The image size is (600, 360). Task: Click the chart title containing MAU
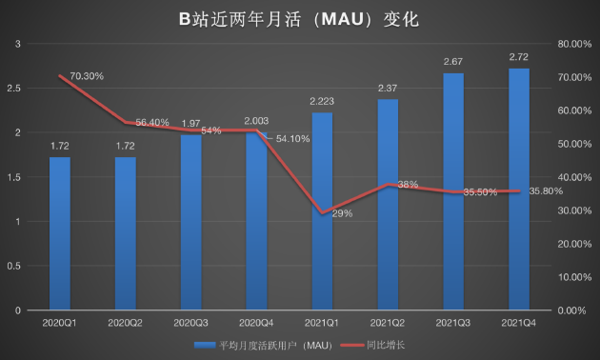pyautogui.click(x=299, y=18)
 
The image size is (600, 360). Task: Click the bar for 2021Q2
pyautogui.click(x=388, y=204)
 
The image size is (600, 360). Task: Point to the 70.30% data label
pyautogui.click(x=82, y=75)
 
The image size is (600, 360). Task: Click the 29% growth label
pyautogui.click(x=341, y=213)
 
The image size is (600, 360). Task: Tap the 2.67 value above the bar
pyautogui.click(x=452, y=62)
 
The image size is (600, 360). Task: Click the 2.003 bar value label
pyautogui.click(x=257, y=120)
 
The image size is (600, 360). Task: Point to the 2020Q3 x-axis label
pyautogui.click(x=191, y=323)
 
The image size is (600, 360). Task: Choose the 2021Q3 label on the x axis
pyautogui.click(x=453, y=323)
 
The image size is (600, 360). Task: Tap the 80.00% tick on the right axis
pyautogui.click(x=574, y=44)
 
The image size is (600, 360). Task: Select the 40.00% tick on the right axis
pyautogui.click(x=574, y=177)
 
